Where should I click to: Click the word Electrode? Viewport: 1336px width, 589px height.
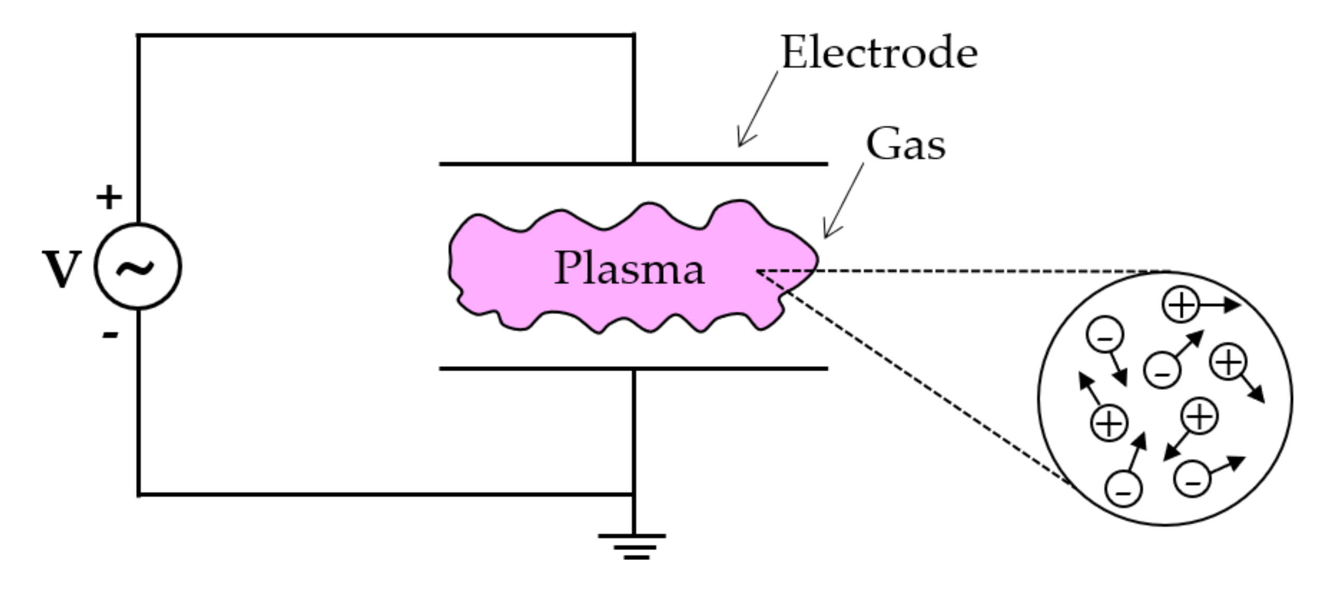(x=879, y=52)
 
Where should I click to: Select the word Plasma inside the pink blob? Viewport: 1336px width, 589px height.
(x=629, y=268)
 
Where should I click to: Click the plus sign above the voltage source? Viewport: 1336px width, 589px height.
(x=109, y=197)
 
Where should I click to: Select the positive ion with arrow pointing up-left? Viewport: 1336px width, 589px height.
(x=1109, y=423)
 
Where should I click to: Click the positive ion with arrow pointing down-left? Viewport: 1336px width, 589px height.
(x=1199, y=416)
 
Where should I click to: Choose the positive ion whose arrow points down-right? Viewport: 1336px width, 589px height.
(x=1228, y=361)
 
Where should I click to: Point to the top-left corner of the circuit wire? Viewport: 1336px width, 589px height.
(x=138, y=35)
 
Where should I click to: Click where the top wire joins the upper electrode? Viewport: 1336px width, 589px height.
(x=634, y=163)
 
